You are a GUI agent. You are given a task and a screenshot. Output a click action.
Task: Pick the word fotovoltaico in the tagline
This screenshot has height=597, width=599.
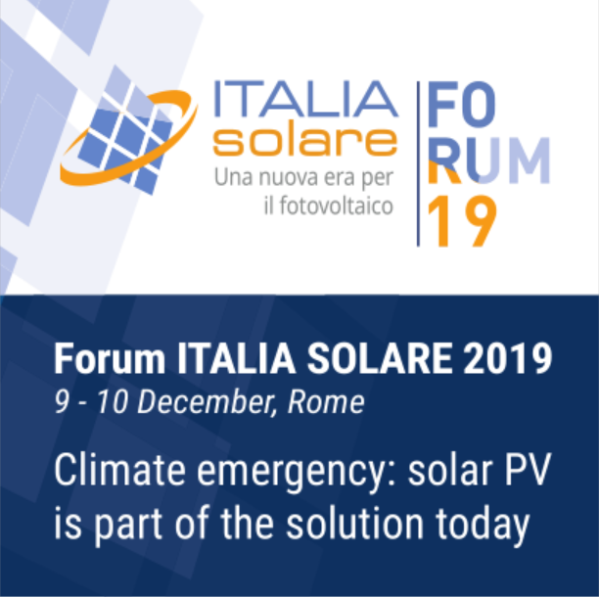338,207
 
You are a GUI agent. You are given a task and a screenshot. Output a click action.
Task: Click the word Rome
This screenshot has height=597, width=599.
333,401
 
